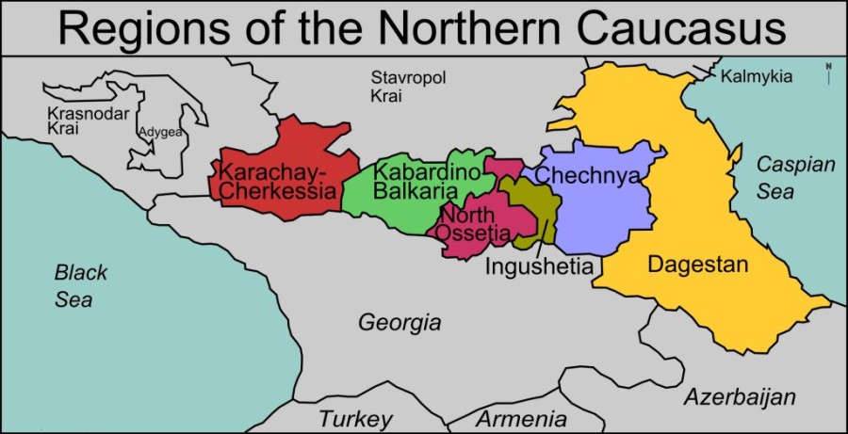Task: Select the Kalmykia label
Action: (x=756, y=77)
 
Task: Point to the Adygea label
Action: (x=160, y=132)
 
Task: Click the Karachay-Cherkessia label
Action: (x=277, y=183)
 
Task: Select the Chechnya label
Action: (x=588, y=176)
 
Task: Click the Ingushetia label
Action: (x=539, y=266)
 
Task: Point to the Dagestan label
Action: (x=697, y=265)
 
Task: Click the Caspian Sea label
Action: (x=795, y=178)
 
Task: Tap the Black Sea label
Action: (x=80, y=286)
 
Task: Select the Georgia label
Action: (x=400, y=323)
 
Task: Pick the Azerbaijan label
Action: (x=740, y=395)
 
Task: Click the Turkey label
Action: (x=354, y=419)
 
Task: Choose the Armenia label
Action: (x=521, y=419)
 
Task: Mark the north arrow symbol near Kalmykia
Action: (x=828, y=72)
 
